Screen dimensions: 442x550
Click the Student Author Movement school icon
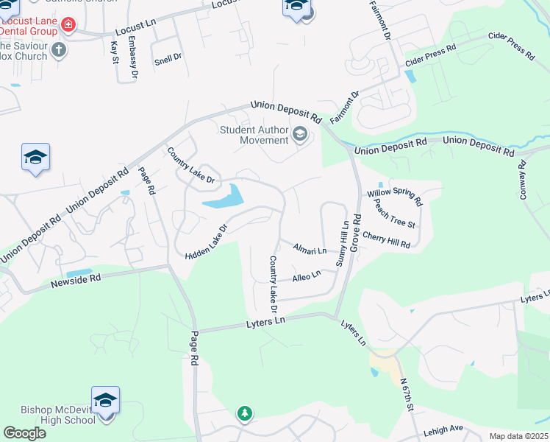pos(299,134)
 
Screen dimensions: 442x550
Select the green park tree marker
pos(244,414)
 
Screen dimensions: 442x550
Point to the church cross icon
pos(58,50)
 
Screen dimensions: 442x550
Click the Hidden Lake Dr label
pos(207,240)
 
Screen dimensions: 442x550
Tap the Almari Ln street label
pos(310,250)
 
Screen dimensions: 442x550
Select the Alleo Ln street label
pos(307,276)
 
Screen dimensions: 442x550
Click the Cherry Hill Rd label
pos(386,240)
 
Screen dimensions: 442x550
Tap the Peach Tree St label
pos(395,214)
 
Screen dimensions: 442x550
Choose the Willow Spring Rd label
pos(395,196)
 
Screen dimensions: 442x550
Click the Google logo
pos(24,433)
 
